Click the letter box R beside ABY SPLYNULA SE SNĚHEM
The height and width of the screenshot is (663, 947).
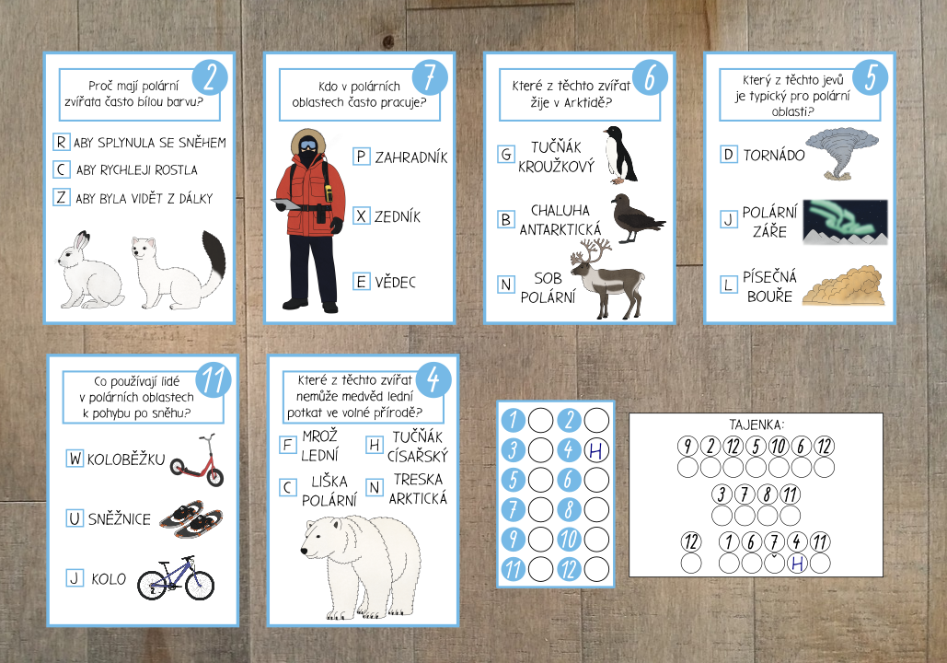tap(61, 142)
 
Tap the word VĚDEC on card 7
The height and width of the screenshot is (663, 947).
tap(395, 282)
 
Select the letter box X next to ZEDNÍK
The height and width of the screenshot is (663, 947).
tap(361, 215)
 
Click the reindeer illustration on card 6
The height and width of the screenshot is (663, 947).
tap(607, 278)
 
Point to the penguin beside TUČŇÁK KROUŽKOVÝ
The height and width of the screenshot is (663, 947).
tap(620, 155)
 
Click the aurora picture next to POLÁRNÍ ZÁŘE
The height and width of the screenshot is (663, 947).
tap(845, 222)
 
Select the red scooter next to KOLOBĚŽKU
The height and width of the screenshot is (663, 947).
tap(197, 459)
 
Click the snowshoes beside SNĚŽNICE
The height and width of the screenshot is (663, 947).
tap(191, 518)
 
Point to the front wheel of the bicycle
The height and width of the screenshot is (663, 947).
tap(200, 585)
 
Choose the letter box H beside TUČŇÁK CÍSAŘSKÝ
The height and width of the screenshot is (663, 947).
tap(375, 445)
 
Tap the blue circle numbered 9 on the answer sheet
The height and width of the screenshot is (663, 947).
tap(514, 539)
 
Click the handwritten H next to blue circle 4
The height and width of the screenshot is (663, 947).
tap(596, 449)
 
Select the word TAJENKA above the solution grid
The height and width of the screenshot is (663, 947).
tap(756, 425)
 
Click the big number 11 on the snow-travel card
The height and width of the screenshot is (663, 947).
tap(214, 379)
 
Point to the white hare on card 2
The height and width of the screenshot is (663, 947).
tap(90, 270)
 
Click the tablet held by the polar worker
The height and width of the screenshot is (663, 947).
tap(285, 204)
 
